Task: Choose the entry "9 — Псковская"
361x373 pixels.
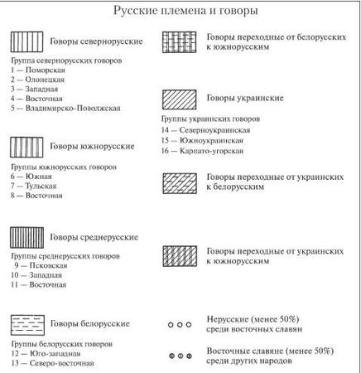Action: (x=39, y=265)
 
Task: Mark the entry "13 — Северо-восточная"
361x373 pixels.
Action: (x=53, y=363)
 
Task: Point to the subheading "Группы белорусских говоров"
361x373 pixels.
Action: (x=61, y=343)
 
